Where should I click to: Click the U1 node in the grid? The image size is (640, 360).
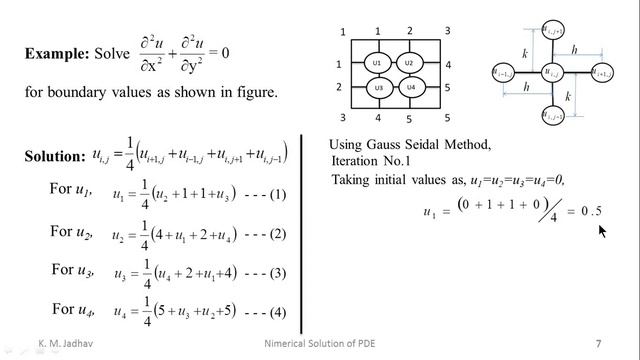[x=377, y=63]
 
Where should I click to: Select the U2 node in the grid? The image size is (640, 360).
[x=408, y=63]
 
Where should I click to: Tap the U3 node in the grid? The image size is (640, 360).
[x=377, y=88]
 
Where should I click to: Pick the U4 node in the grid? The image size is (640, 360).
[x=409, y=88]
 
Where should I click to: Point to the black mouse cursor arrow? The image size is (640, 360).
[x=603, y=232]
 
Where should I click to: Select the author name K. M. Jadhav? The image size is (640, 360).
[x=55, y=343]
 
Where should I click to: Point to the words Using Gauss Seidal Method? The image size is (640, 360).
[x=410, y=146]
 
